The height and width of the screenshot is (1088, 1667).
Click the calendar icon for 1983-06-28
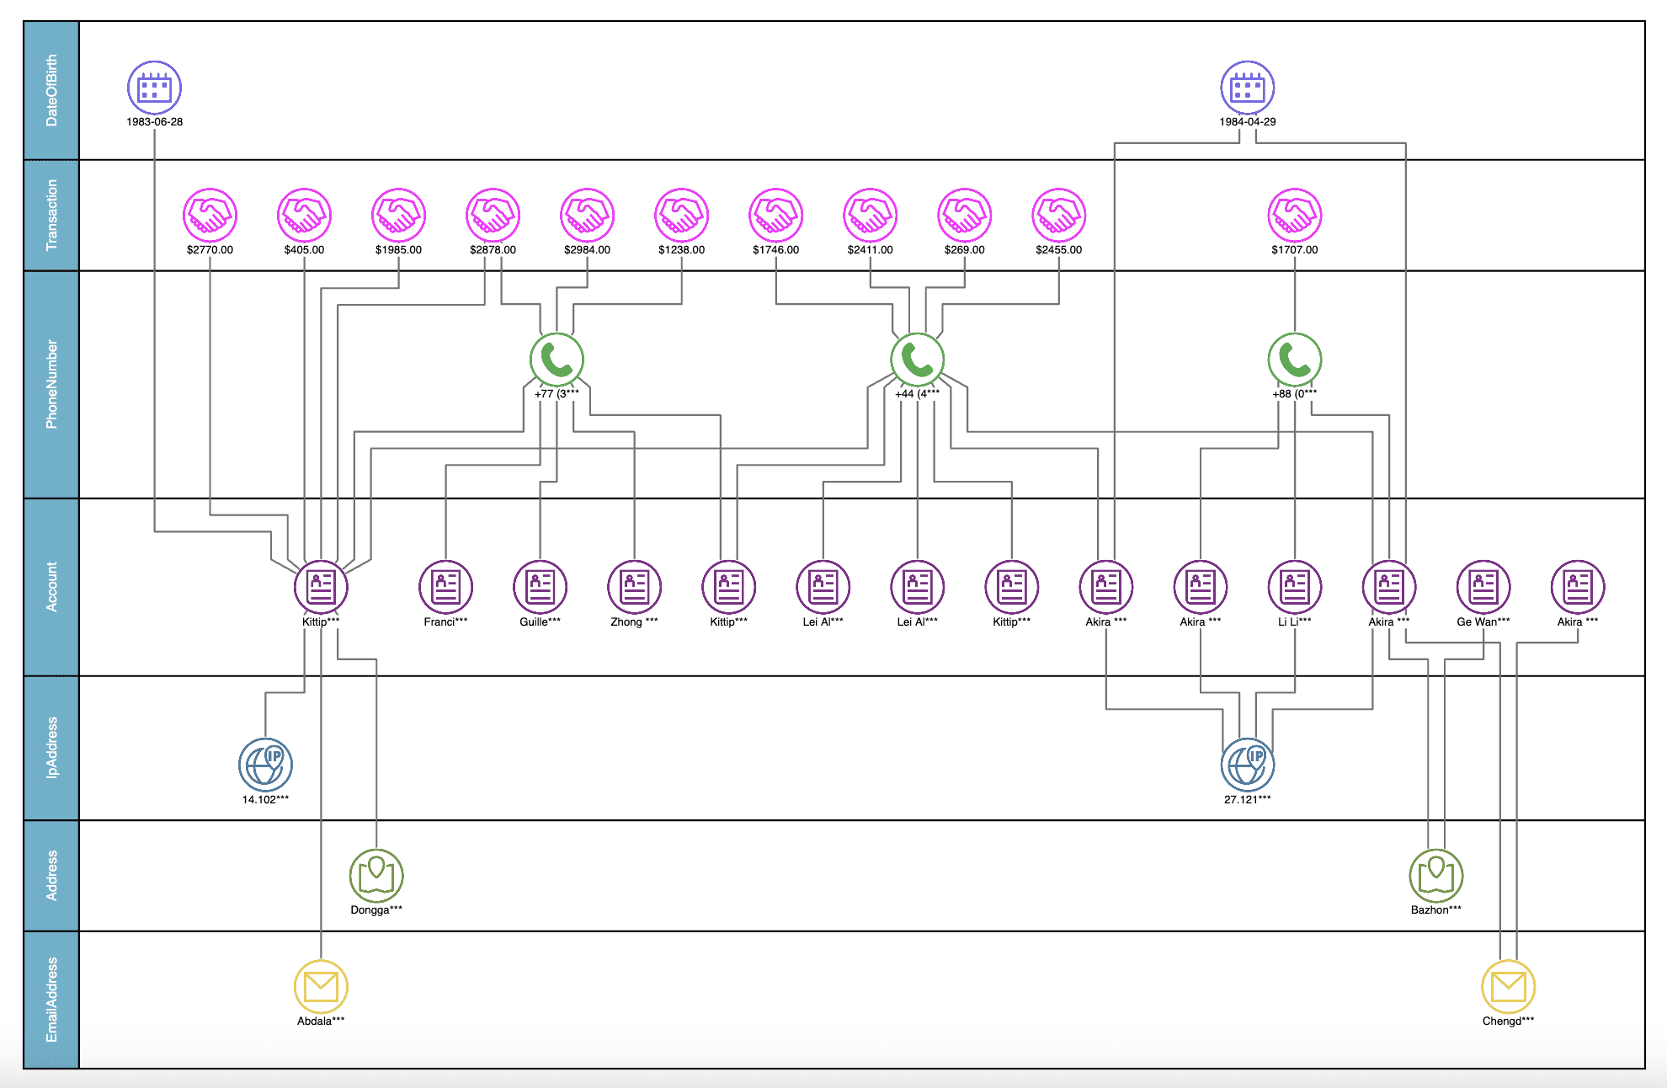click(x=154, y=88)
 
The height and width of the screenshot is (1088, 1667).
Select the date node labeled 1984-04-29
click(x=1247, y=88)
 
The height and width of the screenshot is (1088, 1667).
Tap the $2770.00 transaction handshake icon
click(x=210, y=215)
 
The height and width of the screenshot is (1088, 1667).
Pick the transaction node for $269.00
click(x=964, y=215)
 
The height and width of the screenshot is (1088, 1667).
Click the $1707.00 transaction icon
click(x=1294, y=215)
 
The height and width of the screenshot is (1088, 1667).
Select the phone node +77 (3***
click(x=557, y=360)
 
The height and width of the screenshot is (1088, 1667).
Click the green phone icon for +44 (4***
click(x=917, y=360)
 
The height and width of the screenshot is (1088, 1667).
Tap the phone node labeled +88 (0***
click(x=1294, y=360)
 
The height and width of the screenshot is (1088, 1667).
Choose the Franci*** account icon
click(x=445, y=587)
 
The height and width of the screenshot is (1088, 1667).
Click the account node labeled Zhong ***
click(x=634, y=587)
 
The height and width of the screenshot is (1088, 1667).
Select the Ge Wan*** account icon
click(x=1483, y=587)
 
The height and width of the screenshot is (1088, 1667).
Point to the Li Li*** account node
click(x=1294, y=587)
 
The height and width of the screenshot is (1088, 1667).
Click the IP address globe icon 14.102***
click(x=265, y=765)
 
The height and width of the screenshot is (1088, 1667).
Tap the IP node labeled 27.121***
click(x=1247, y=765)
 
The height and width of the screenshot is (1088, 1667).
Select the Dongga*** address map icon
click(x=376, y=876)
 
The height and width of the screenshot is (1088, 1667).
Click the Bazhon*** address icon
click(x=1435, y=876)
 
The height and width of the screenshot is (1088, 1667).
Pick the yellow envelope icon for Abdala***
click(x=321, y=987)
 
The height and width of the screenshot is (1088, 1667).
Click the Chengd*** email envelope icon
click(x=1508, y=987)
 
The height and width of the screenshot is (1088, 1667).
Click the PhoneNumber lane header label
click(x=51, y=384)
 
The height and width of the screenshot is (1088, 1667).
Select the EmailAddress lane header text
click(x=51, y=1000)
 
